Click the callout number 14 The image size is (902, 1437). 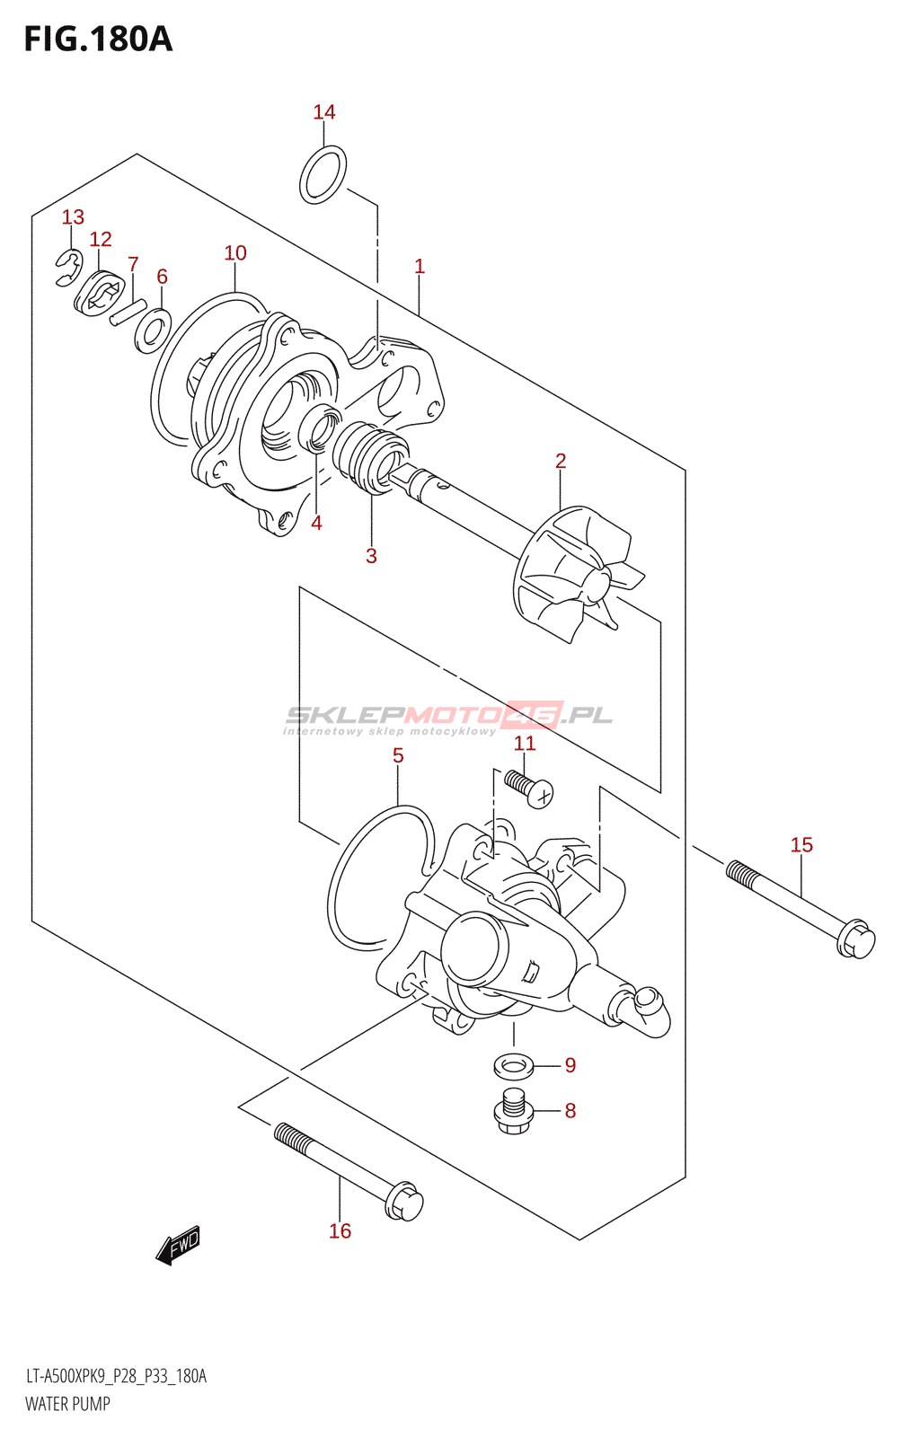pyautogui.click(x=324, y=112)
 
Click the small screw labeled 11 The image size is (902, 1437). pyautogui.click(x=528, y=789)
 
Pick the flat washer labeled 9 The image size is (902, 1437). pyautogui.click(x=513, y=1066)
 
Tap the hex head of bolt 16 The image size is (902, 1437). pyautogui.click(x=403, y=1201)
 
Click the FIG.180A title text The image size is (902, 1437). pyautogui.click(x=98, y=40)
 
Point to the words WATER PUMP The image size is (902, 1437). pyautogui.click(x=67, y=1404)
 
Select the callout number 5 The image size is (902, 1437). pyautogui.click(x=398, y=755)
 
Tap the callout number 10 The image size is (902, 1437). pyautogui.click(x=235, y=252)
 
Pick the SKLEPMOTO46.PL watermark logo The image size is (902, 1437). pyautogui.click(x=447, y=718)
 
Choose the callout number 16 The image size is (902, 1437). pyautogui.click(x=340, y=1231)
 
